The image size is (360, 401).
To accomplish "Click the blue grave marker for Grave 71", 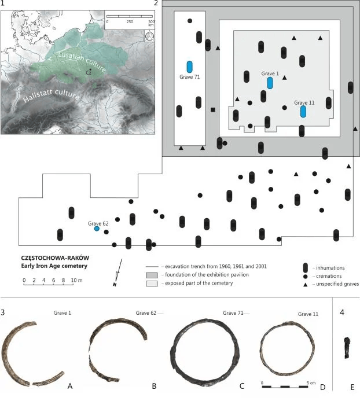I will [x=190, y=67].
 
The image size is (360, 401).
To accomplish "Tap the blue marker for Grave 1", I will [x=270, y=83].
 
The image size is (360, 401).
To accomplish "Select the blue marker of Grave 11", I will [x=303, y=112].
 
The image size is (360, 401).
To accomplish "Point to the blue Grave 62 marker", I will [x=97, y=229].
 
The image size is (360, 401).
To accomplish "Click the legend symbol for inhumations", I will [x=304, y=267].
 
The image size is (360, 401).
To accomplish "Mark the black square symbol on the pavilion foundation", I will [x=213, y=109].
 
